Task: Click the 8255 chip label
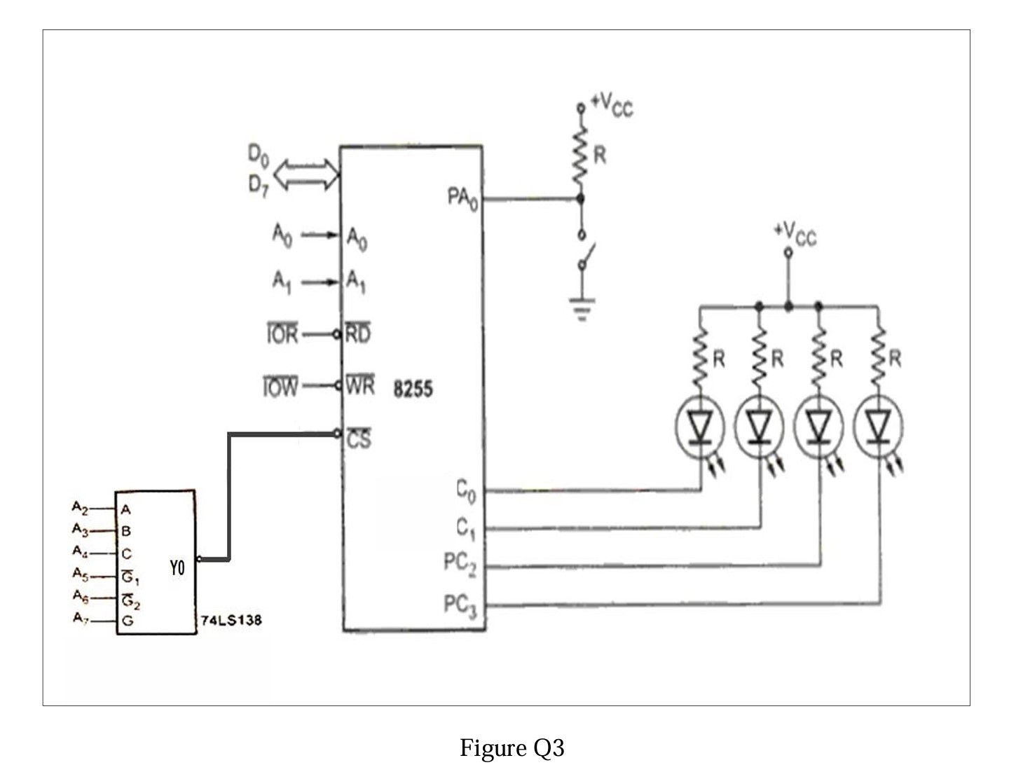(x=413, y=389)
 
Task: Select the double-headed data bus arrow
(x=306, y=174)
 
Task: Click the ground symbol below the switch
(x=582, y=308)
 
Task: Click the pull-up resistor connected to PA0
(x=580, y=155)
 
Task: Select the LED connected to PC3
(x=878, y=426)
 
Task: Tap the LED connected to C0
(x=700, y=426)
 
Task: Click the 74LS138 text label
(x=231, y=620)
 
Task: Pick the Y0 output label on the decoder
(x=177, y=568)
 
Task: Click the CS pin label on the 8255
(x=359, y=439)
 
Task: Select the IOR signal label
(x=282, y=335)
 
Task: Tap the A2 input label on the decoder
(x=81, y=506)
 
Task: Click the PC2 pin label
(x=460, y=564)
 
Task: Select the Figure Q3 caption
(x=512, y=747)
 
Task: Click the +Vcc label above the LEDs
(x=795, y=233)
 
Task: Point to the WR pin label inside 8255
(x=359, y=386)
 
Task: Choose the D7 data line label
(x=258, y=186)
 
